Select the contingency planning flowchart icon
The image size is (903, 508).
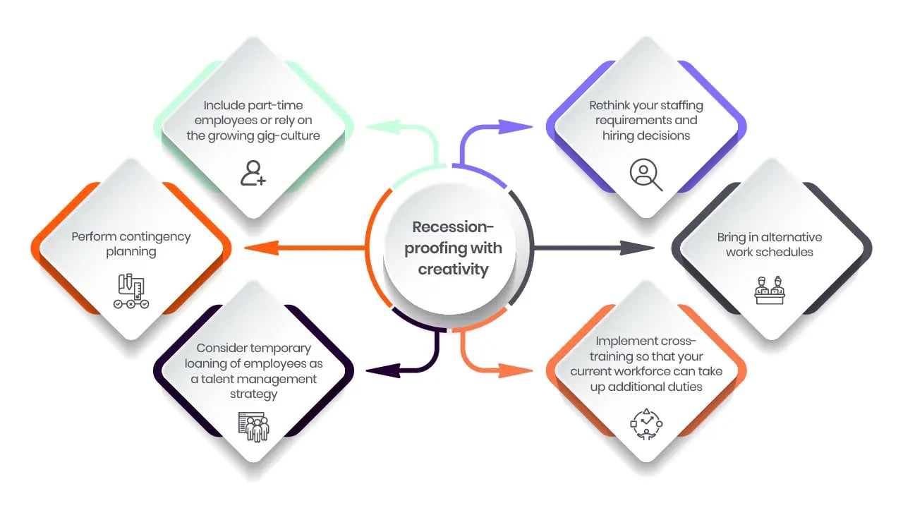pyautogui.click(x=131, y=291)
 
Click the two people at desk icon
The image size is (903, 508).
pyautogui.click(x=770, y=291)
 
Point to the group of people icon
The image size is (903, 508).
pyautogui.click(x=253, y=426)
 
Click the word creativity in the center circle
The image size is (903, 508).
pyautogui.click(x=453, y=270)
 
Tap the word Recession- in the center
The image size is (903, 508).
pyautogui.click(x=453, y=227)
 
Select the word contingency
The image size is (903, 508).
pyautogui.click(x=155, y=236)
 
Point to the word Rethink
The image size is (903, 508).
pyautogui.click(x=611, y=106)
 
